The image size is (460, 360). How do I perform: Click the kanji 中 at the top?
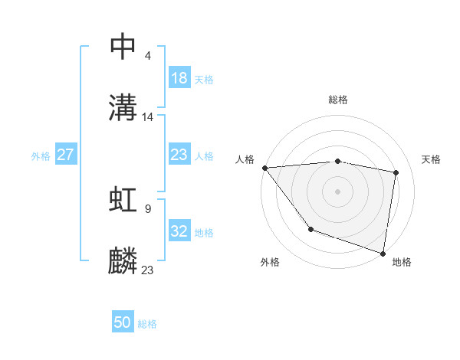coord(123,47)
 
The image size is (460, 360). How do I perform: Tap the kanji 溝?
coord(123,107)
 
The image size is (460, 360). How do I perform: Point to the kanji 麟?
coord(123,261)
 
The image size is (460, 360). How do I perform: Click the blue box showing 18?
coord(179,77)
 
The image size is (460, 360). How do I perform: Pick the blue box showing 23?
coord(179,155)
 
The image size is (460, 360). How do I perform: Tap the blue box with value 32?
coord(179,231)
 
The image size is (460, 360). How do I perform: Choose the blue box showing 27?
coord(65,155)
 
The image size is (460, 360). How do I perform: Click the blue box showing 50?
coord(123,322)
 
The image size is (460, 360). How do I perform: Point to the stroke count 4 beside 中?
coord(147,55)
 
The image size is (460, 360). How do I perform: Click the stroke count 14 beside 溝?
coord(149,117)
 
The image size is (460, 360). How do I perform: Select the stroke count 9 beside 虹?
coord(147,208)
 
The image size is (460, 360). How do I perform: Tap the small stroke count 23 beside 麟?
coord(148,270)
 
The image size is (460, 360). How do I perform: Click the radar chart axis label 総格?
coord(337,100)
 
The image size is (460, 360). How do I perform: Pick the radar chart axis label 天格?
coord(431,159)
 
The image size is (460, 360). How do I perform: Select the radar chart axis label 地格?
coord(402,262)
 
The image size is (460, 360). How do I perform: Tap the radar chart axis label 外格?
coord(270,262)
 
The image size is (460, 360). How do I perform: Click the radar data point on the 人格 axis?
coord(264,168)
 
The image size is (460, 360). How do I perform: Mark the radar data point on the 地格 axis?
coord(383,253)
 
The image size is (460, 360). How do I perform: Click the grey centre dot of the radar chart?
coord(337,191)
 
